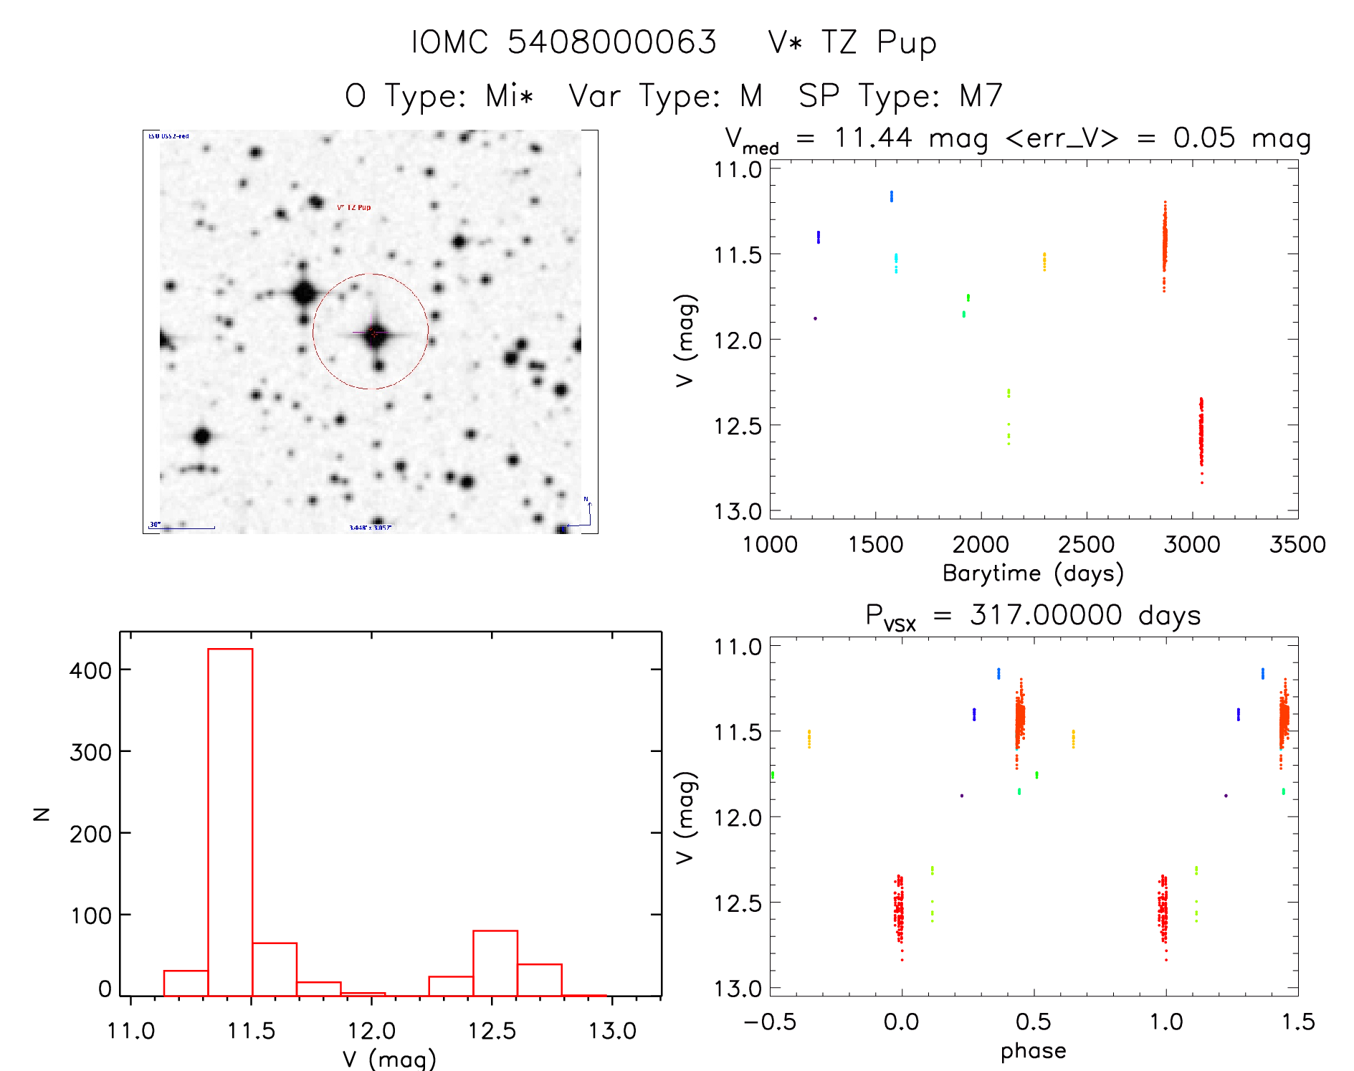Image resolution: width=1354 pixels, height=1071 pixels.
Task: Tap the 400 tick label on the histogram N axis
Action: point(90,671)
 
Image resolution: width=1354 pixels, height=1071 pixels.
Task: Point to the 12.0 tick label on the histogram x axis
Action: point(371,1031)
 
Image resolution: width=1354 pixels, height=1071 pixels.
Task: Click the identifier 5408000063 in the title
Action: point(611,42)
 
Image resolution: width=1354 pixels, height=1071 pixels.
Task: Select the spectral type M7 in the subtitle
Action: point(981,95)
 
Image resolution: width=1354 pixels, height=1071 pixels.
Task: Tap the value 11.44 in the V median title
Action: point(872,138)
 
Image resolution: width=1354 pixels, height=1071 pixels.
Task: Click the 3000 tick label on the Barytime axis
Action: point(1191,545)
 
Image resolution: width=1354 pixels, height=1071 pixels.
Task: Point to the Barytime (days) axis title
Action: point(1033,573)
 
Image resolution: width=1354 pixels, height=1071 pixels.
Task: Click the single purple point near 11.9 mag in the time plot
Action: point(815,318)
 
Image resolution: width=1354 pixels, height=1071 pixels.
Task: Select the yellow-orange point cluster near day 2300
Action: point(1044,262)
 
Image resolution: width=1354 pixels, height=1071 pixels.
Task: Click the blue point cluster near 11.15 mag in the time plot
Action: point(892,196)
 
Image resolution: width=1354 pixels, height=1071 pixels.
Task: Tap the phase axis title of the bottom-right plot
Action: point(1033,1051)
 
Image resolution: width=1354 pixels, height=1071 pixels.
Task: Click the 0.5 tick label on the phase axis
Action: point(1034,1022)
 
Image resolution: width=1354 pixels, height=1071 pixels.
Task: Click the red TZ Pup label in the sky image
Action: point(354,207)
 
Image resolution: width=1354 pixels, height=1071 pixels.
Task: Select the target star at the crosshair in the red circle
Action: point(374,333)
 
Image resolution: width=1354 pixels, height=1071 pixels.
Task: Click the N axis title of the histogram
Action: point(42,814)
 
